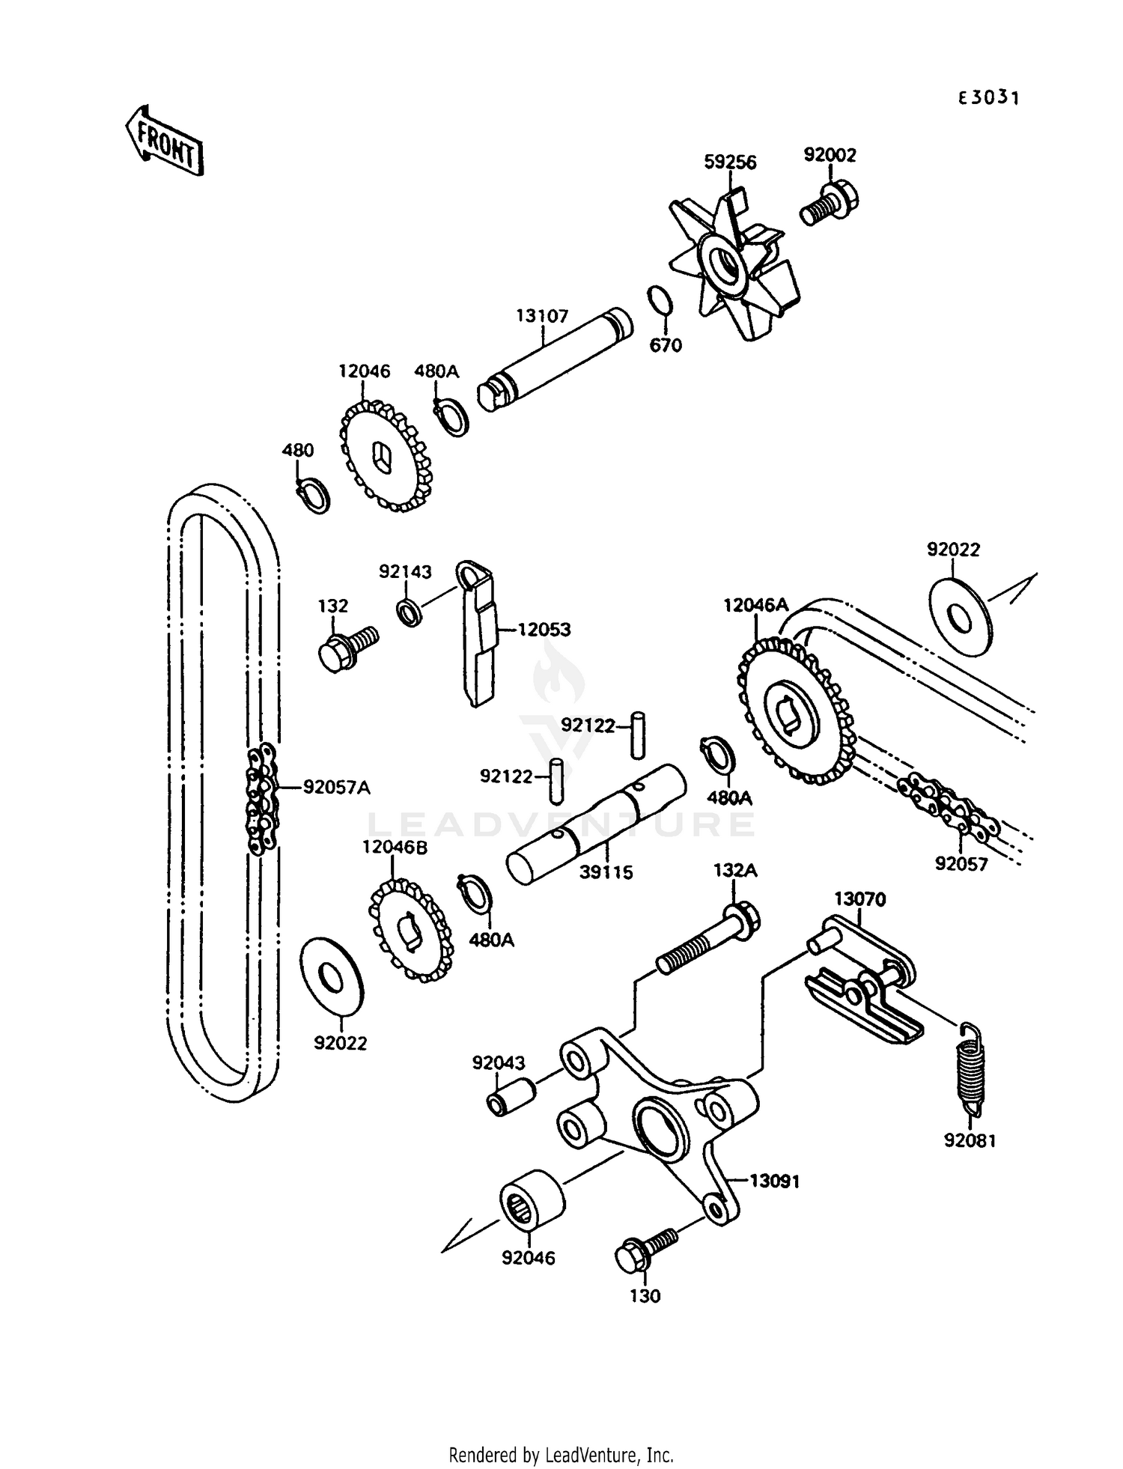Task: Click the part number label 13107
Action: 542,316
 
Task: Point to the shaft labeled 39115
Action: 596,824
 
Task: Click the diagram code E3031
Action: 988,98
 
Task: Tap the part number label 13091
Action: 776,1181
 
